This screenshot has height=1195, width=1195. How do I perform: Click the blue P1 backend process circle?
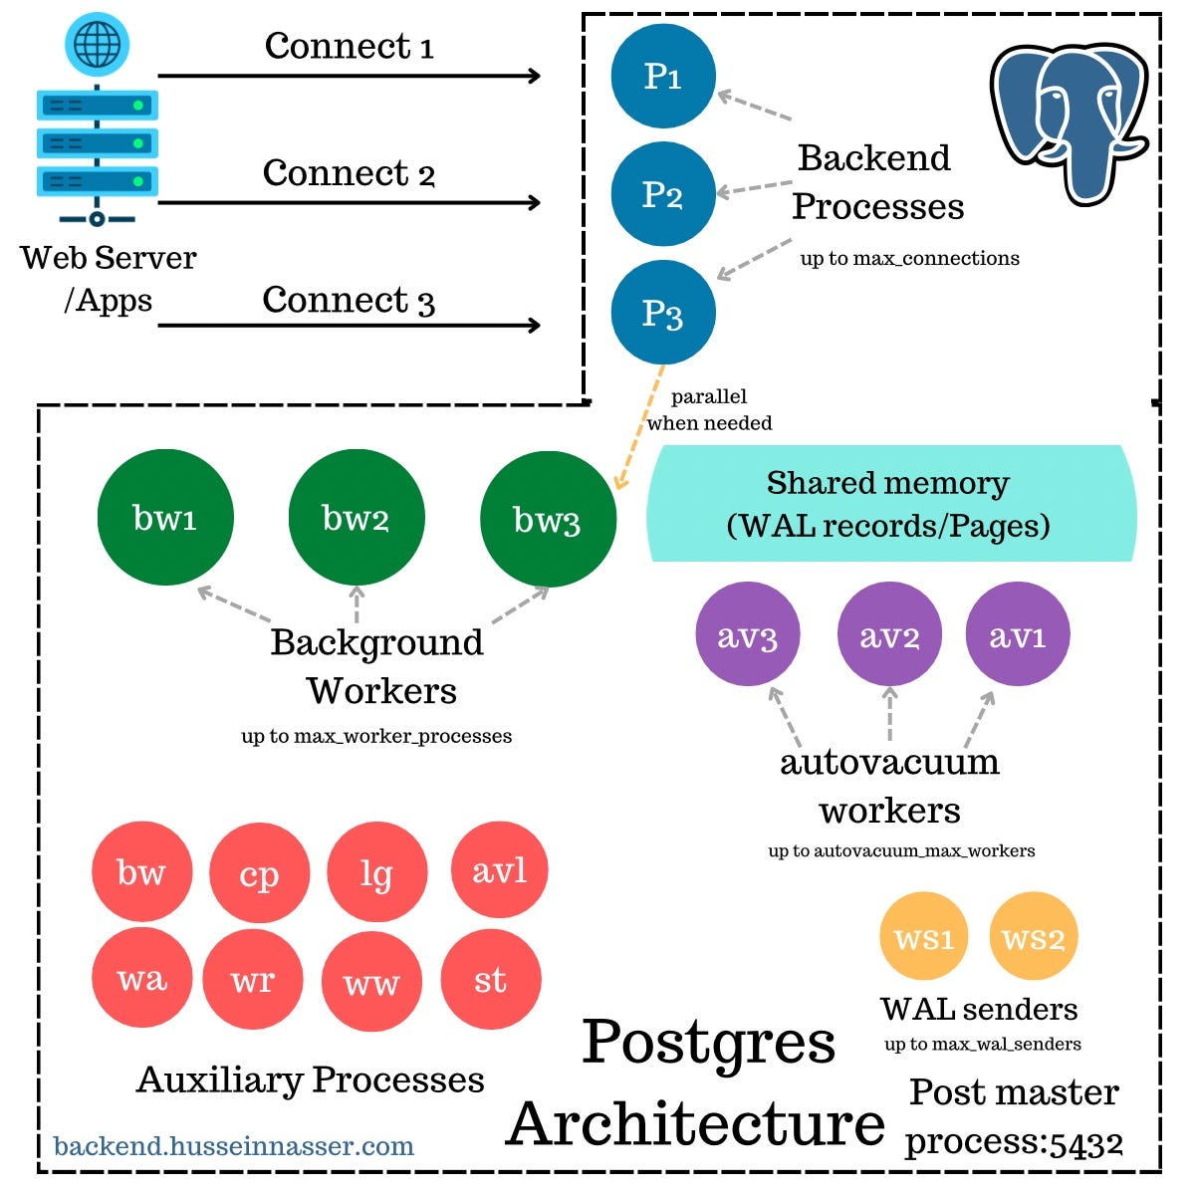click(663, 77)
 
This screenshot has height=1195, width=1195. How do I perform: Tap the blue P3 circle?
click(663, 313)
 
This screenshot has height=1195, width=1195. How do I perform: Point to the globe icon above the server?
click(97, 45)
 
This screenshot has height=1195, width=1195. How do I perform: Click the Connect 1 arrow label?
click(349, 47)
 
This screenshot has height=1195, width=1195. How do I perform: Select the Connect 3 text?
click(349, 301)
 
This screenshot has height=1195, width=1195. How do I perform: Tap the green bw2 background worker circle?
click(357, 519)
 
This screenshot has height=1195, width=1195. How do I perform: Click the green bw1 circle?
click(165, 518)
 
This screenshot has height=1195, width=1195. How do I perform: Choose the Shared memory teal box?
click(890, 504)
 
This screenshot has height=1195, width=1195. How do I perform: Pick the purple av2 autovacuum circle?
click(889, 635)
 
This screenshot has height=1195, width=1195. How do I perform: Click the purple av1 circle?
click(1018, 635)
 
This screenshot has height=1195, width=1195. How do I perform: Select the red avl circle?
click(499, 871)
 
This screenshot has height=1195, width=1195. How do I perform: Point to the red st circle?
click(490, 981)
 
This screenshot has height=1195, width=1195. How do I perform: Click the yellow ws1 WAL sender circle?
click(924, 938)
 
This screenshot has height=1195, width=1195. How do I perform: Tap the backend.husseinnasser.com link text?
click(234, 1146)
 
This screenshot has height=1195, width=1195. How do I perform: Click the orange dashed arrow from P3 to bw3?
click(638, 428)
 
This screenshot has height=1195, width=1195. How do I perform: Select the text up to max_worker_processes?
click(376, 737)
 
